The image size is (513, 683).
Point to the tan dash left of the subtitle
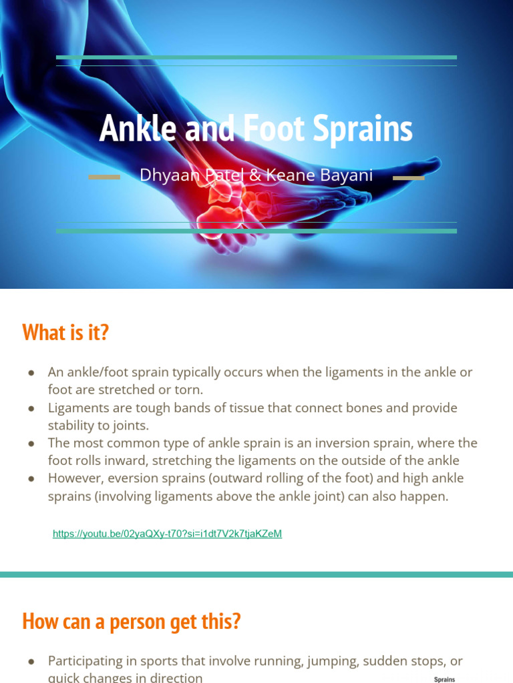tap(104, 177)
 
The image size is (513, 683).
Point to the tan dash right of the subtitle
tap(408, 177)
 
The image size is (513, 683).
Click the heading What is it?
tap(65, 332)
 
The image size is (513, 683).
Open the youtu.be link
tap(167, 534)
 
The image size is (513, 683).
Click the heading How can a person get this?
tap(131, 622)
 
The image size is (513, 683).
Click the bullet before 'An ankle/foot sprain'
tap(31, 372)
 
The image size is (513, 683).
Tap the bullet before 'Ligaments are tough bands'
tap(31, 408)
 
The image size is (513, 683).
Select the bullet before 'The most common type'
tap(31, 443)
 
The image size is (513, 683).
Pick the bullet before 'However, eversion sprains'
tap(31, 478)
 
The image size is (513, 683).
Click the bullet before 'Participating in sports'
tap(31, 661)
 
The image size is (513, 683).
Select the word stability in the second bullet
tap(73, 425)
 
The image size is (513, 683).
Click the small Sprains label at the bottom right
tap(444, 680)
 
